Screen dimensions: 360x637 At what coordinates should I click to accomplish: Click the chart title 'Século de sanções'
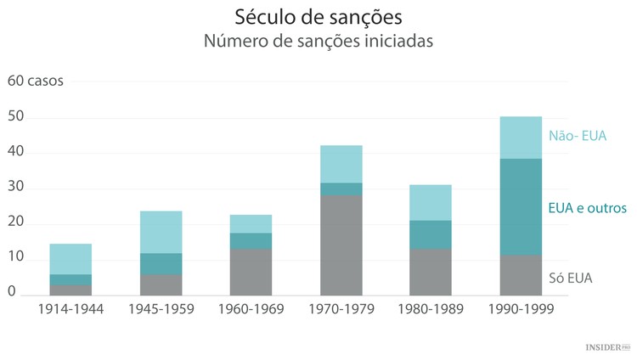pyautogui.click(x=318, y=17)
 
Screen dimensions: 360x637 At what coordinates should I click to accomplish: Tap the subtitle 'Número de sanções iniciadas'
pyautogui.click(x=318, y=42)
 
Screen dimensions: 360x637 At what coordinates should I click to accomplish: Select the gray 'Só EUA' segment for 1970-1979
pyautogui.click(x=341, y=245)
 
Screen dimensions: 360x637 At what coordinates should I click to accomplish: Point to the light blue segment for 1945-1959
pyautogui.click(x=161, y=232)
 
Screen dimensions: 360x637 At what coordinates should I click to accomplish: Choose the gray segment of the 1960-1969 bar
pyautogui.click(x=251, y=271)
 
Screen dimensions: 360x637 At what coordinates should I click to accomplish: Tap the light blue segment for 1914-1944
pyautogui.click(x=71, y=259)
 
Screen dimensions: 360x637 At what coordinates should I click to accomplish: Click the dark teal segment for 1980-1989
pyautogui.click(x=431, y=234)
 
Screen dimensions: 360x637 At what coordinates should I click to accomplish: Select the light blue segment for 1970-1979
pyautogui.click(x=341, y=164)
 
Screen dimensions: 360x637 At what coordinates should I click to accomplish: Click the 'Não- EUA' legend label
pyautogui.click(x=578, y=135)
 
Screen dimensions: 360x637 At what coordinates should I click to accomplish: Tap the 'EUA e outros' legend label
pyautogui.click(x=587, y=207)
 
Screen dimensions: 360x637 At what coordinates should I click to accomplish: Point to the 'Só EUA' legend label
pyautogui.click(x=570, y=278)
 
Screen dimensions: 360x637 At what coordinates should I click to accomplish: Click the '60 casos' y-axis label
pyautogui.click(x=35, y=82)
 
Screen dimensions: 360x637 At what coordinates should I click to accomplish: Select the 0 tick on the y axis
pyautogui.click(x=12, y=291)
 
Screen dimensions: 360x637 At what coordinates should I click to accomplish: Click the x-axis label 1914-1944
pyautogui.click(x=71, y=309)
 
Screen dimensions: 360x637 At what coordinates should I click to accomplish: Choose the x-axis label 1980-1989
pyautogui.click(x=431, y=309)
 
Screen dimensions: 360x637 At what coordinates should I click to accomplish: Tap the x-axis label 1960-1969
pyautogui.click(x=251, y=309)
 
